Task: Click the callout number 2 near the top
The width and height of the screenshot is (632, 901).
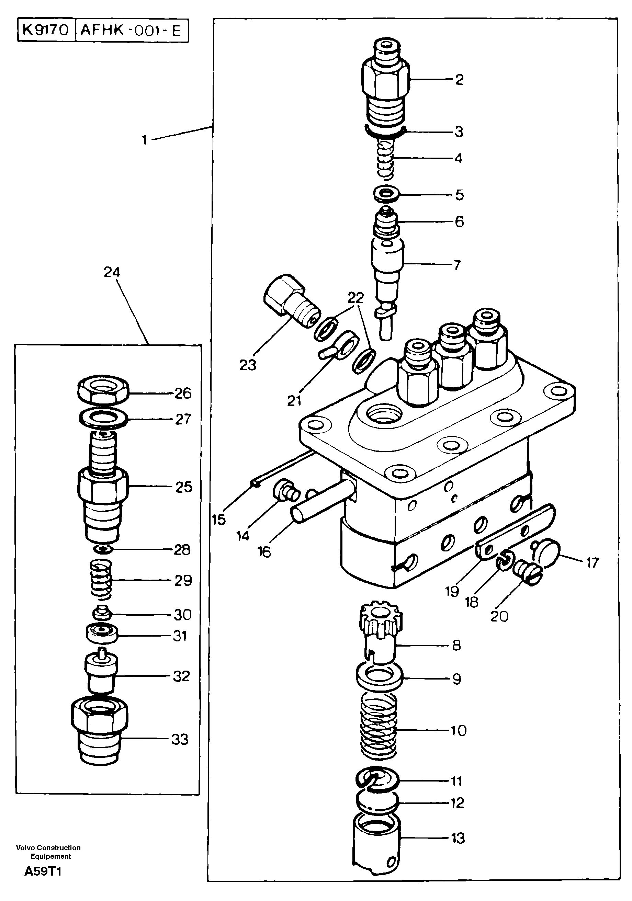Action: tap(459, 80)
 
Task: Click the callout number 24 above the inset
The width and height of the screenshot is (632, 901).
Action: tap(112, 272)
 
